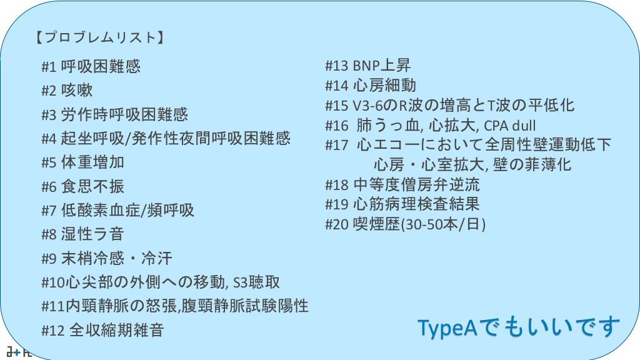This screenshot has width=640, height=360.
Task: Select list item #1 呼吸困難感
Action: [x=91, y=66]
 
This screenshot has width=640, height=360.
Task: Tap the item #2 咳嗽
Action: [x=67, y=90]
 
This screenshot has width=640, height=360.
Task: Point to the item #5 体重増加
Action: [x=83, y=162]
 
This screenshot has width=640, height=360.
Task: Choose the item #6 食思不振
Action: [x=83, y=186]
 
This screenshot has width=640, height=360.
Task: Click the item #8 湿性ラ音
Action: [x=83, y=234]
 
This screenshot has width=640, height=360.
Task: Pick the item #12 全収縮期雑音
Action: [x=103, y=330]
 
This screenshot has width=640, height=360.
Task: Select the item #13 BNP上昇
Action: [x=367, y=65]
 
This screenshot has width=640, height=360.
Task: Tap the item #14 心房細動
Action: [x=371, y=85]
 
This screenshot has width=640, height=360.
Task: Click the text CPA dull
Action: [x=510, y=125]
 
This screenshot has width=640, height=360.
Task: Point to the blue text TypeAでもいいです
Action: [x=518, y=327]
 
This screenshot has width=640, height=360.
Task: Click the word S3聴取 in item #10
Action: [x=256, y=282]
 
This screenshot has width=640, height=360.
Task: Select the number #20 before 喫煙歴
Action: [x=337, y=224]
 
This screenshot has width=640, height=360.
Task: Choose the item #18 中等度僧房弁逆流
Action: [x=402, y=185]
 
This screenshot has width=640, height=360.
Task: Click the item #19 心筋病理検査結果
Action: [x=402, y=204]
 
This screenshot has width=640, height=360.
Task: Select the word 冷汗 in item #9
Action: [x=157, y=258]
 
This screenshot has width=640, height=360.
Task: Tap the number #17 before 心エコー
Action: [x=337, y=145]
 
